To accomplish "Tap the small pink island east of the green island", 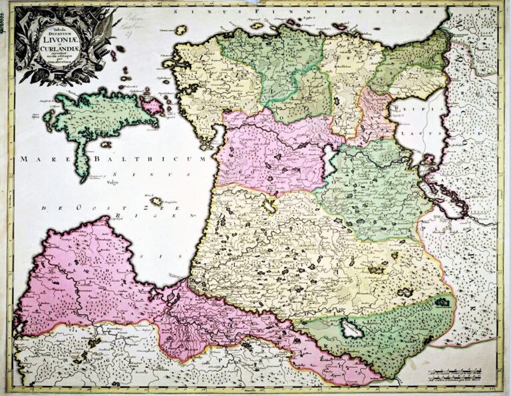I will [x=152, y=104].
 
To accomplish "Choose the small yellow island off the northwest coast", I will [x=181, y=30].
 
